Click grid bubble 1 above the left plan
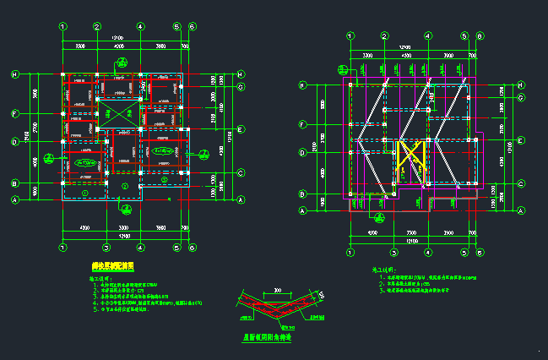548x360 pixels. [62, 26]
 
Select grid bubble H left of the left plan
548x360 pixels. [14, 75]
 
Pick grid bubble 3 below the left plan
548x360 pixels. [106, 248]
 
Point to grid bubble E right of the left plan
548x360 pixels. [241, 130]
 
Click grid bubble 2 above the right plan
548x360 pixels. [384, 35]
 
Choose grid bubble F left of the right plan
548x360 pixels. [301, 125]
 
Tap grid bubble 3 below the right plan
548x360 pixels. [393, 252]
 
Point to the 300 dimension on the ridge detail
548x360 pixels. [278, 291]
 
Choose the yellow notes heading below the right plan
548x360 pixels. [385, 270]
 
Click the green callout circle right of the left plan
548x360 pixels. [205, 153]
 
